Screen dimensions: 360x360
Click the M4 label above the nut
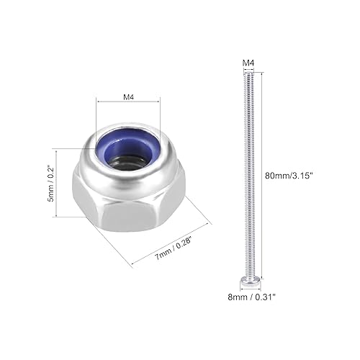128,94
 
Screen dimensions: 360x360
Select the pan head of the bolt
248,278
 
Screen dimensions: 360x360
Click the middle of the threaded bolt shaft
247,173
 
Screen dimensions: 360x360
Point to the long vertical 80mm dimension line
271,173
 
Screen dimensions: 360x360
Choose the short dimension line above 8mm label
248,289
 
